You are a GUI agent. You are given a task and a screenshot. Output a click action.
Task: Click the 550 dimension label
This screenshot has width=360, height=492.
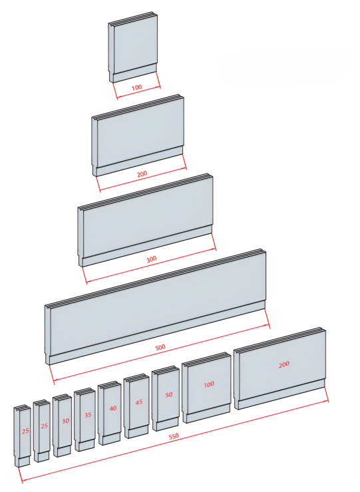pos(174,436)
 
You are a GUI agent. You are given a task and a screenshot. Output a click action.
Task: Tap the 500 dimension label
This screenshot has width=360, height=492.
pos(160,347)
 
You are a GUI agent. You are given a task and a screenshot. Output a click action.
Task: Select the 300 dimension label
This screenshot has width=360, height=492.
pos(152,259)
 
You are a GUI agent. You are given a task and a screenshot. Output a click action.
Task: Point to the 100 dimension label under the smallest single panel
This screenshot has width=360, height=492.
pos(136,87)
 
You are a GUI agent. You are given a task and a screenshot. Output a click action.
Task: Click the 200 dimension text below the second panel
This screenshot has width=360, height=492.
pos(142,174)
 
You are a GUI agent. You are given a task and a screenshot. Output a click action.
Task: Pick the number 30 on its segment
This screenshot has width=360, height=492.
pos(65,421)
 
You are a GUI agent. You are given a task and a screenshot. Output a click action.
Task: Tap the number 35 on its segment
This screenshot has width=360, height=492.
pos(88,415)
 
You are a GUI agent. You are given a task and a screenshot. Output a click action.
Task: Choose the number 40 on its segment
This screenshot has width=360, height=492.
pos(113,408)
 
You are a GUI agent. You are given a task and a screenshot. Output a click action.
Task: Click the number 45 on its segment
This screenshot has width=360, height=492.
pos(139,402)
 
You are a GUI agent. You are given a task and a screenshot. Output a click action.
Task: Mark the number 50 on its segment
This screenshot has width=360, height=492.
pos(169,395)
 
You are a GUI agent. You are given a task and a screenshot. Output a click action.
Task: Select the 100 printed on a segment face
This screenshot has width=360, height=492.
pos(209,384)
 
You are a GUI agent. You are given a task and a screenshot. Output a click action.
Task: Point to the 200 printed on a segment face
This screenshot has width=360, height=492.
pos(284,364)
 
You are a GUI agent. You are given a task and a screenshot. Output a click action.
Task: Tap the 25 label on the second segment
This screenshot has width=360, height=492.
pos(45,426)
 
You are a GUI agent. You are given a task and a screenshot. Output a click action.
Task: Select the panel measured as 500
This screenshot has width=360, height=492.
pos(156,307)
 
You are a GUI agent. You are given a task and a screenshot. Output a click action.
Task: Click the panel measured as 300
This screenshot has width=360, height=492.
pos(146,220)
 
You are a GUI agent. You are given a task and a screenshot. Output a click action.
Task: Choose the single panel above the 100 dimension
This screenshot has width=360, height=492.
pos(133,47)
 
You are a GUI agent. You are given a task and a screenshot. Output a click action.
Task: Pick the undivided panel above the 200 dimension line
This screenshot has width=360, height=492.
pos(138,135)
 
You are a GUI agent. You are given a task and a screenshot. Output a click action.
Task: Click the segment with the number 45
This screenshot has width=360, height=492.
pos(136,406)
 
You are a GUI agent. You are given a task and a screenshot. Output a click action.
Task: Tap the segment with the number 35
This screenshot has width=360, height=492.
pos(85,420)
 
